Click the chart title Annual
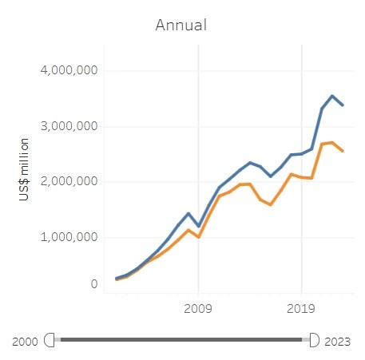pyautogui.click(x=181, y=25)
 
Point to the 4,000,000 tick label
pyautogui.click(x=69, y=70)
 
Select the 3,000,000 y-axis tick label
pyautogui.click(x=69, y=126)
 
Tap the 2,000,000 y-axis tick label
pyautogui.click(x=69, y=181)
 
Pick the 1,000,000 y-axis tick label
pyautogui.click(x=69, y=237)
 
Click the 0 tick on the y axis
pyautogui.click(x=93, y=284)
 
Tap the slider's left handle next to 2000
pyautogui.click(x=51, y=340)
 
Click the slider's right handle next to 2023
pyautogui.click(x=313, y=340)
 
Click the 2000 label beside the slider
pyautogui.click(x=25, y=341)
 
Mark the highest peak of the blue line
pyautogui.click(x=332, y=96)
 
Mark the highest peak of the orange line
pyautogui.click(x=332, y=142)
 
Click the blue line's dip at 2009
pyautogui.click(x=199, y=226)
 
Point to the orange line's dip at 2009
pyautogui.click(x=199, y=237)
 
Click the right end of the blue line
pyautogui.click(x=343, y=105)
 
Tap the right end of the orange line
pyautogui.click(x=343, y=151)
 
